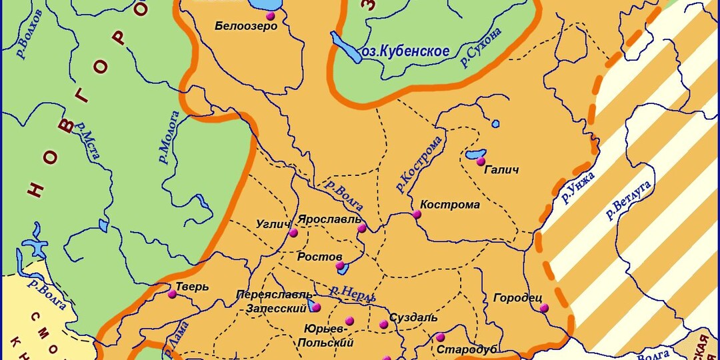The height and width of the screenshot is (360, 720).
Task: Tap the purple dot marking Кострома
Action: [x=417, y=214]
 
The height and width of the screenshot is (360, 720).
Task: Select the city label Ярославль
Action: [x=329, y=219]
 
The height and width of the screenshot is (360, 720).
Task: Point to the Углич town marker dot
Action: [x=293, y=233]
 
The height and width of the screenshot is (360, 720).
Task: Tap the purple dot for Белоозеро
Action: [x=270, y=15]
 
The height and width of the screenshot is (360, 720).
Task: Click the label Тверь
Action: [x=193, y=287]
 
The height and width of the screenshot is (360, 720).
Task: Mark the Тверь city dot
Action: [x=172, y=293]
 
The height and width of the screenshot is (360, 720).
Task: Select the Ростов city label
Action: [x=319, y=257]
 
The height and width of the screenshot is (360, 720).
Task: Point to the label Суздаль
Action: [x=413, y=317]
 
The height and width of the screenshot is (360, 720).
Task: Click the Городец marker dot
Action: [x=544, y=307]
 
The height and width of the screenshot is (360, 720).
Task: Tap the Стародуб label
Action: [x=467, y=349]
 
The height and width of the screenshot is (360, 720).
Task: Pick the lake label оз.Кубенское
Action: [x=405, y=51]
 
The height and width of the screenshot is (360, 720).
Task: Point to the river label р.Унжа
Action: [x=577, y=187]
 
